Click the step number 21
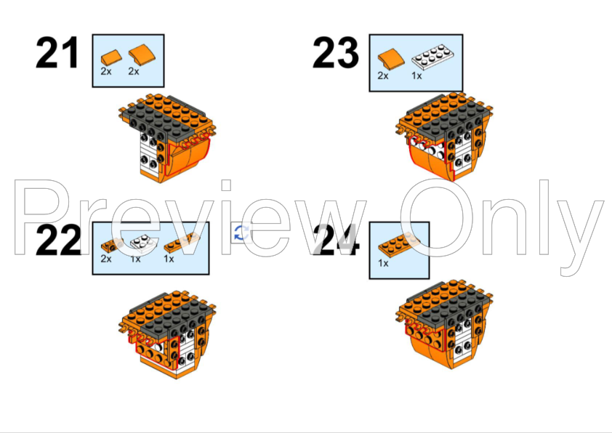(x=57, y=54)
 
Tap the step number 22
(x=57, y=241)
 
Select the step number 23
(x=336, y=53)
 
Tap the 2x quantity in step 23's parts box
(x=383, y=76)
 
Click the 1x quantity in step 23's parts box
(x=417, y=76)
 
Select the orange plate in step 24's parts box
(x=399, y=242)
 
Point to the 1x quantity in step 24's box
(x=383, y=263)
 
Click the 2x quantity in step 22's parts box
(x=106, y=259)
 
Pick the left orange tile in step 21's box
(x=110, y=56)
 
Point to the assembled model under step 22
(x=168, y=333)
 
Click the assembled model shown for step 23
(x=445, y=137)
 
